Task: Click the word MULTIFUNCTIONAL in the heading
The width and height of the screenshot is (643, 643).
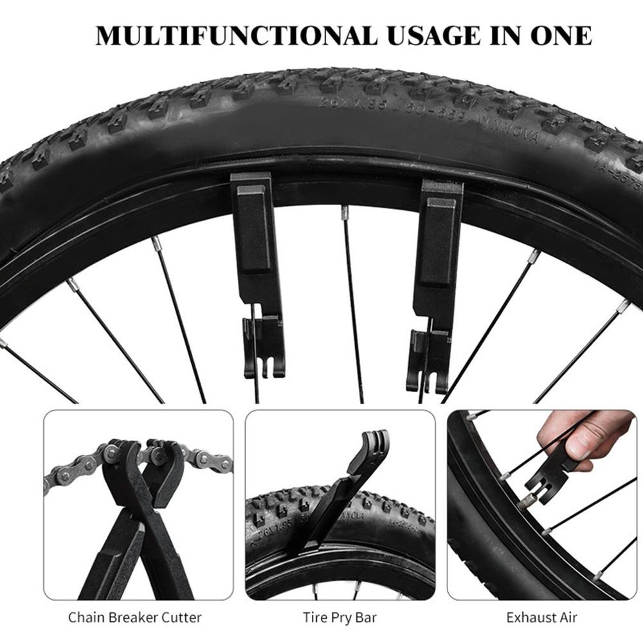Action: pyautogui.click(x=236, y=35)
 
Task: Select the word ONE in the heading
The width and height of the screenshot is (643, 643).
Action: pyautogui.click(x=557, y=35)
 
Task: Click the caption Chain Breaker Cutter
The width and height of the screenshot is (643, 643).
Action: pyautogui.click(x=135, y=618)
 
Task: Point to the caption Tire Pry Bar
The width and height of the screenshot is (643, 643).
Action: pyautogui.click(x=340, y=618)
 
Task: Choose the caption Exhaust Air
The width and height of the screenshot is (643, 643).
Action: pyautogui.click(x=541, y=618)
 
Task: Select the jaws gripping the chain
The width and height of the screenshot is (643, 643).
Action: pyautogui.click(x=145, y=457)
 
